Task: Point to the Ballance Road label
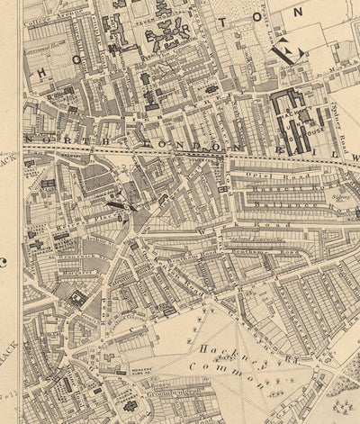pos(270,206)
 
